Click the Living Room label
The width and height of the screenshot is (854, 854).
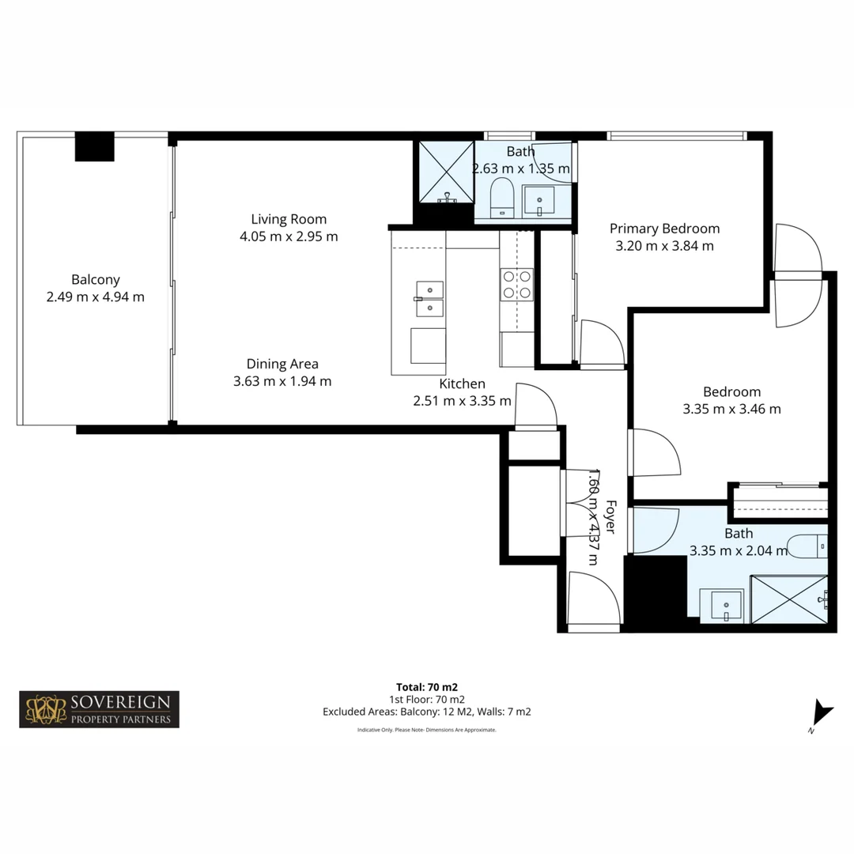point(289,219)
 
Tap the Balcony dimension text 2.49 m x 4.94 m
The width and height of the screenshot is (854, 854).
point(96,297)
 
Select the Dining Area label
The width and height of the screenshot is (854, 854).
point(282,364)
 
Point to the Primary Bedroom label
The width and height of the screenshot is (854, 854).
point(664,229)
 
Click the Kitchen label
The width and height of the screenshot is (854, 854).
point(462,384)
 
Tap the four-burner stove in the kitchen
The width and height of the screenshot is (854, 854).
point(516,284)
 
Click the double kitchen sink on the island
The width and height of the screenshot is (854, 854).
point(429,298)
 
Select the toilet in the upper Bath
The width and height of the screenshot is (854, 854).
point(501,198)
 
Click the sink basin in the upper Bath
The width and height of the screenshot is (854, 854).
point(544,201)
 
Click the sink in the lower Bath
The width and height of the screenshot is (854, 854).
point(727,606)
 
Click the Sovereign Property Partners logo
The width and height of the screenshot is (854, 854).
point(100,709)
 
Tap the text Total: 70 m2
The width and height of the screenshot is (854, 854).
point(426,686)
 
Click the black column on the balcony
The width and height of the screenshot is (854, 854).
point(95,147)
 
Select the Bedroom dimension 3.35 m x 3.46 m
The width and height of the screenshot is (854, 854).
point(731,409)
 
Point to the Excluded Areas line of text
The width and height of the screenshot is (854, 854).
point(426,712)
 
